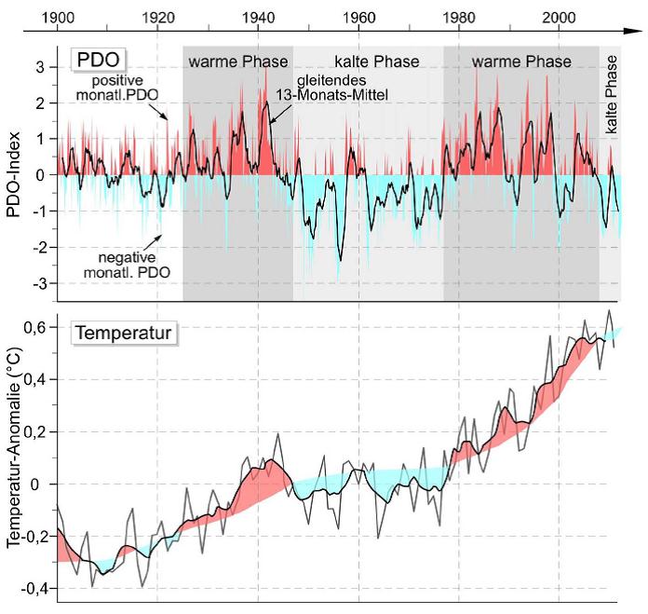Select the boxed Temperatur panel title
[115, 331]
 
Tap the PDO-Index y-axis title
[14, 174]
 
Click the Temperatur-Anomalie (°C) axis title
[14, 456]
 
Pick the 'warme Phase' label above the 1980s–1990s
[521, 62]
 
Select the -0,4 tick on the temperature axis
[34, 588]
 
